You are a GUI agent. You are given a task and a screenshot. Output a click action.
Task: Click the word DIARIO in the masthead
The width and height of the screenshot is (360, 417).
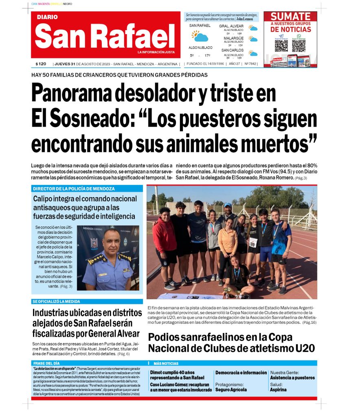(47, 17)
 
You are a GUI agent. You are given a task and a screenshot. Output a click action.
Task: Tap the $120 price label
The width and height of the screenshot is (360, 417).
(41, 64)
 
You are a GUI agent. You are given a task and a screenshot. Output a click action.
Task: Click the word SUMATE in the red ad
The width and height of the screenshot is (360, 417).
(290, 17)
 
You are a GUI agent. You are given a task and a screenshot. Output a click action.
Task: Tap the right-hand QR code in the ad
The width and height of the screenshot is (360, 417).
(299, 46)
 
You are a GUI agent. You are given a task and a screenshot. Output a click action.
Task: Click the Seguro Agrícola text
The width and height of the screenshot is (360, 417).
(231, 390)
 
